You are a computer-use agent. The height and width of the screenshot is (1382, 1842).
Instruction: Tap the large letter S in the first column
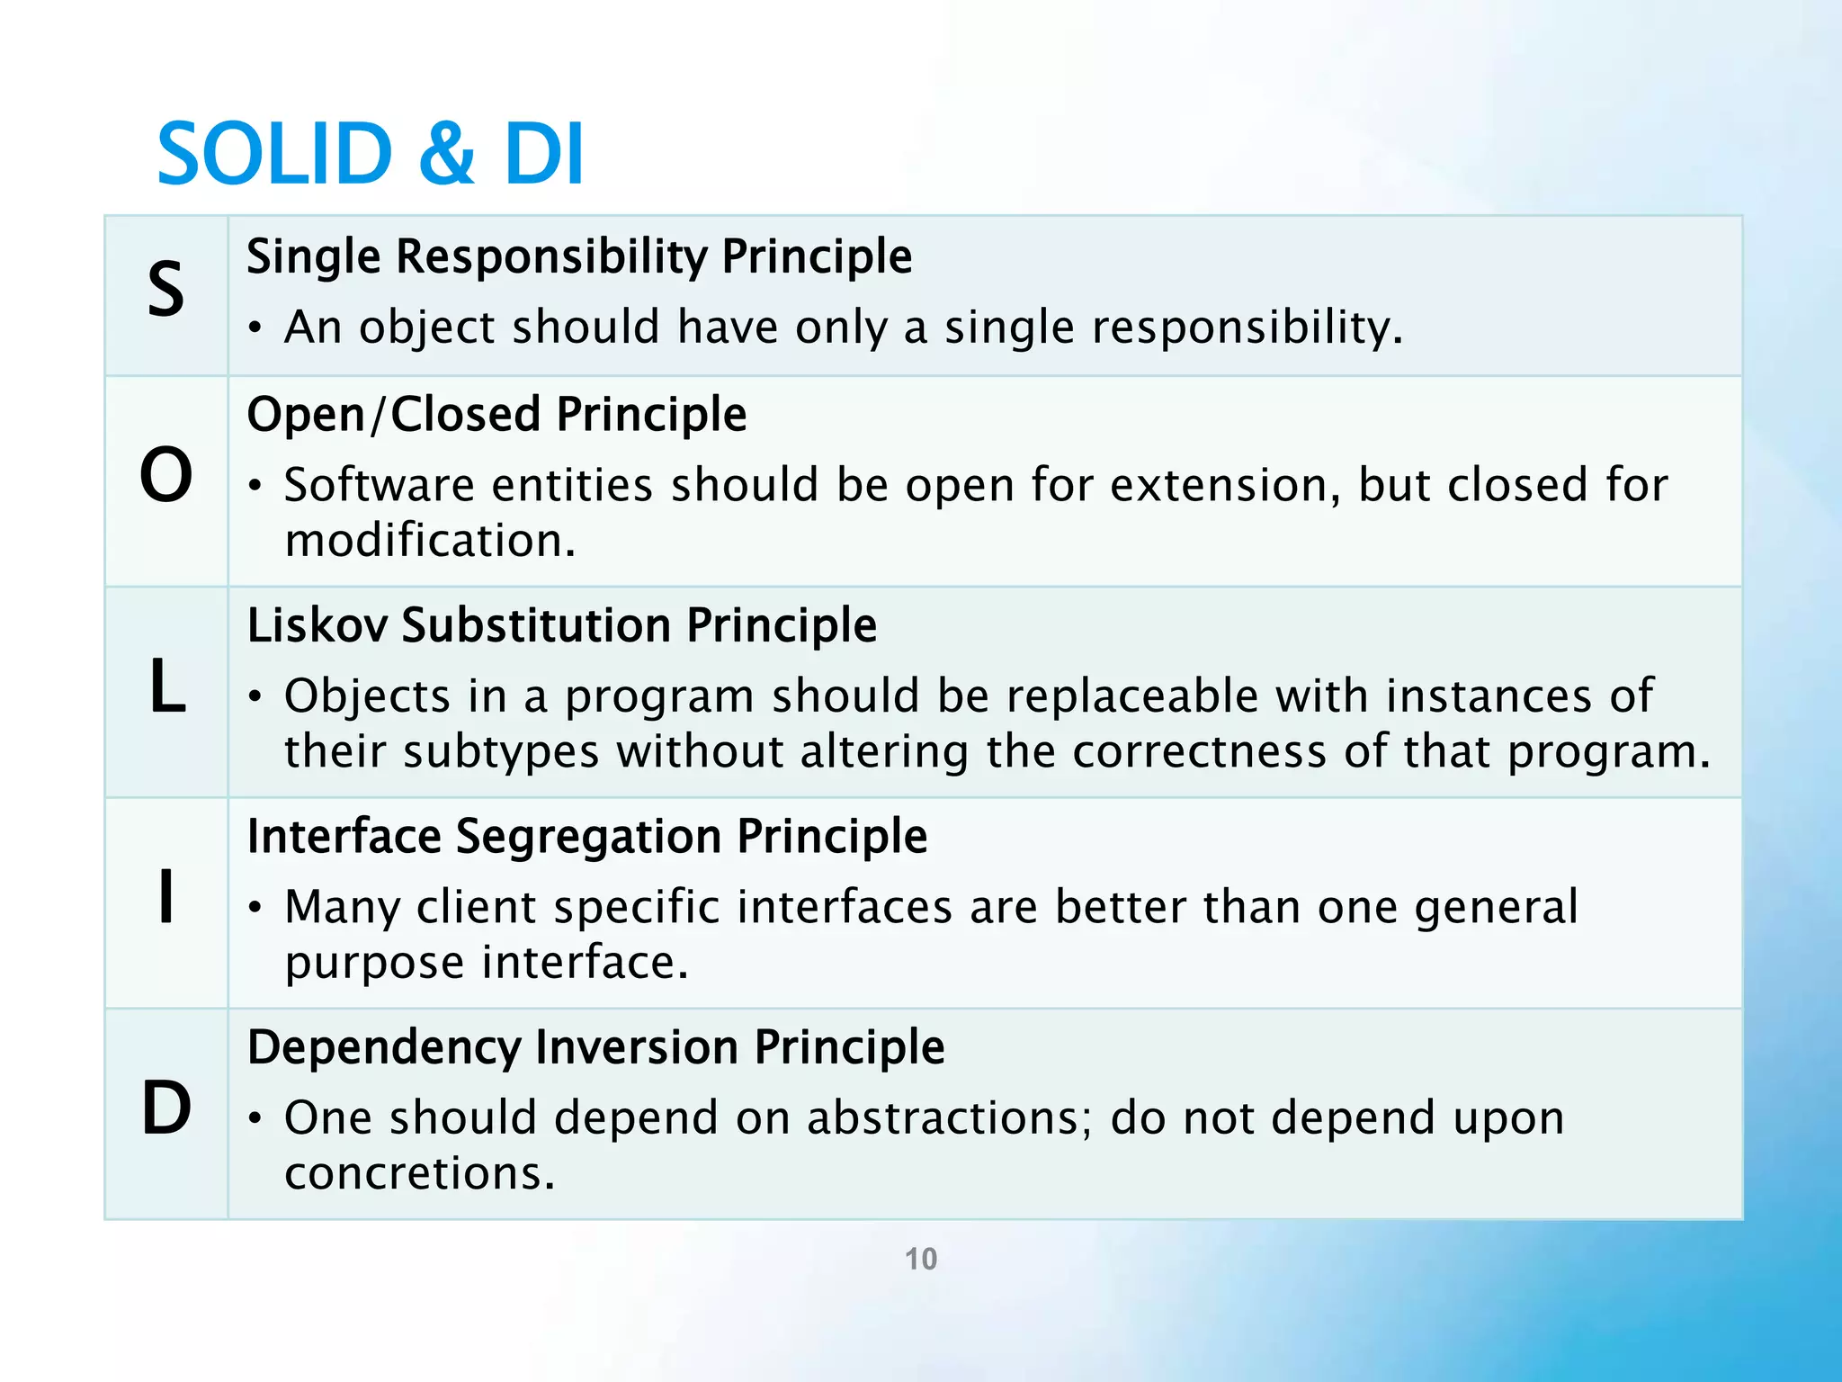click(166, 289)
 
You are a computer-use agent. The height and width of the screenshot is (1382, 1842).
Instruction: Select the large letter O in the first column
click(166, 474)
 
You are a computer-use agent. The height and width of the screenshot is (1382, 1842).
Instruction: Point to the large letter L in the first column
click(167, 687)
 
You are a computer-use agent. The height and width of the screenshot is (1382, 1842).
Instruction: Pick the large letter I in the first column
click(165, 896)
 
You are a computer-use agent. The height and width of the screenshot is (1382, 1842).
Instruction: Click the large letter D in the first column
click(166, 1108)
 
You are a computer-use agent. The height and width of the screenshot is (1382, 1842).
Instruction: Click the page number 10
click(920, 1259)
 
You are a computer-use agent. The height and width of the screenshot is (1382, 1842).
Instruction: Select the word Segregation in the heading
click(588, 836)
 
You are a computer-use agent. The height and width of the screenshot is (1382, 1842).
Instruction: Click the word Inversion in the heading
click(637, 1046)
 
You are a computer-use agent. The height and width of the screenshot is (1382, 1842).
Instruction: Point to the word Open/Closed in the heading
click(393, 415)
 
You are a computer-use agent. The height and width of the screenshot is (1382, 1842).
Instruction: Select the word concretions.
click(420, 1173)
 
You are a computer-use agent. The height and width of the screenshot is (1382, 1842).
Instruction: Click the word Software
click(379, 485)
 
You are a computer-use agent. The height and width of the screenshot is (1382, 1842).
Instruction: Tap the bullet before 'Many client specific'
click(256, 908)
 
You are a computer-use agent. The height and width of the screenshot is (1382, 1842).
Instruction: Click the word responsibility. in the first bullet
click(1247, 327)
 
